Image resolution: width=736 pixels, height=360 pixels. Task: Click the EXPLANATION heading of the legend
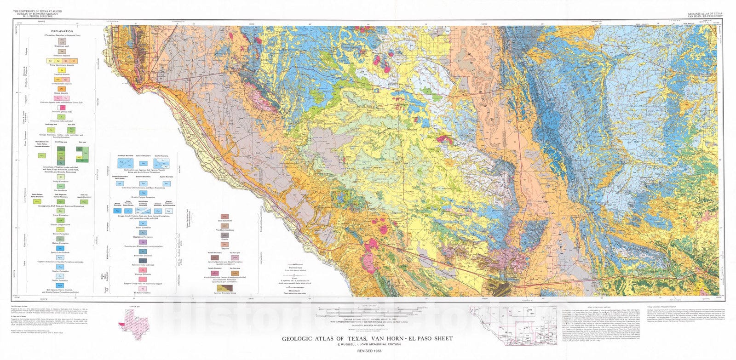pyautogui.click(x=62, y=31)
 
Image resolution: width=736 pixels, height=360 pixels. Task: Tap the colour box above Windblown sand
pyautogui.click(x=67, y=41)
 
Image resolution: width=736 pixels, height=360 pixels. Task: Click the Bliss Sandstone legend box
pyautogui.click(x=224, y=216)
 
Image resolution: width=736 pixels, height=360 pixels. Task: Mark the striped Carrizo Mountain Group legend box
pyautogui.click(x=224, y=288)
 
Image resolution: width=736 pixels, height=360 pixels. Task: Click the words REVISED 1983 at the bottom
pyautogui.click(x=368, y=351)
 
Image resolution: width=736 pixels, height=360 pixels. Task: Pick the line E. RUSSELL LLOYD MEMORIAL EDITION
pyautogui.click(x=368, y=344)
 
